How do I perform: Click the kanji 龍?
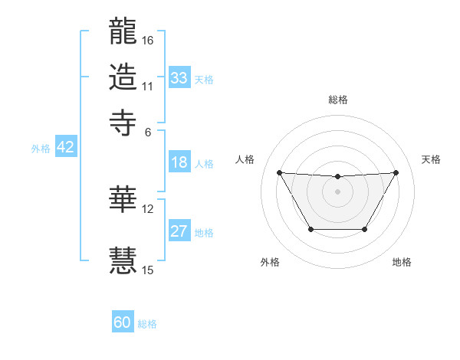click(123, 31)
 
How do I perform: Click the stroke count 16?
click(148, 40)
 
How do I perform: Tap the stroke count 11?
click(148, 85)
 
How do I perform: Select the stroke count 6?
click(148, 132)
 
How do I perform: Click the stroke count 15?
click(148, 270)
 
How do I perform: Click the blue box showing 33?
click(179, 78)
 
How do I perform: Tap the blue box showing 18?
click(179, 162)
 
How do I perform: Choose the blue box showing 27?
click(179, 231)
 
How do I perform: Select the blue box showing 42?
click(66, 148)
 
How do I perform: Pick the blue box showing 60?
click(123, 322)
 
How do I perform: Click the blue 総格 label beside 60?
click(148, 324)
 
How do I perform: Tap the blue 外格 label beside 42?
click(41, 149)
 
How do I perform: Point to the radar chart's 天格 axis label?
click(431, 159)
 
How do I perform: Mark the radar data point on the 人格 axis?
click(279, 172)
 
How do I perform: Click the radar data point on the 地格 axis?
click(364, 229)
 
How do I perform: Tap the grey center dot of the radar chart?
click(337, 191)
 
